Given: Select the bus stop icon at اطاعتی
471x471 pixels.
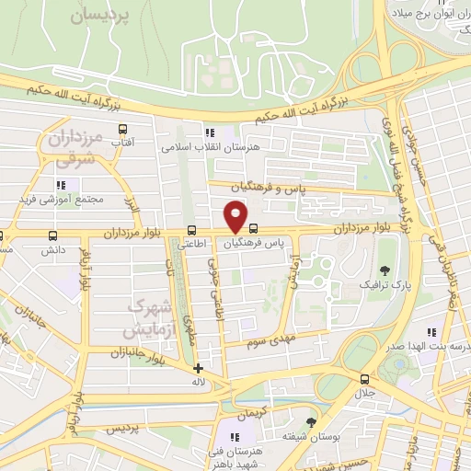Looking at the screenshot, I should (191, 230).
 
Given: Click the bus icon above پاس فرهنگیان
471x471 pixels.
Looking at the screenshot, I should (253, 230).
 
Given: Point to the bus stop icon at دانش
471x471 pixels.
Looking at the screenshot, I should (52, 235).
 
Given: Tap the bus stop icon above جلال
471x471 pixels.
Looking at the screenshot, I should (365, 379).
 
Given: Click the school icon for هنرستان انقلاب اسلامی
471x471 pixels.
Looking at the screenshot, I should (210, 132).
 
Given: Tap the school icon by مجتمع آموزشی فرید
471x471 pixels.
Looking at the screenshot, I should (61, 185).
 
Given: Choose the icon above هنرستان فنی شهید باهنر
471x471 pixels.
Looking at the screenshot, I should (235, 435).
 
